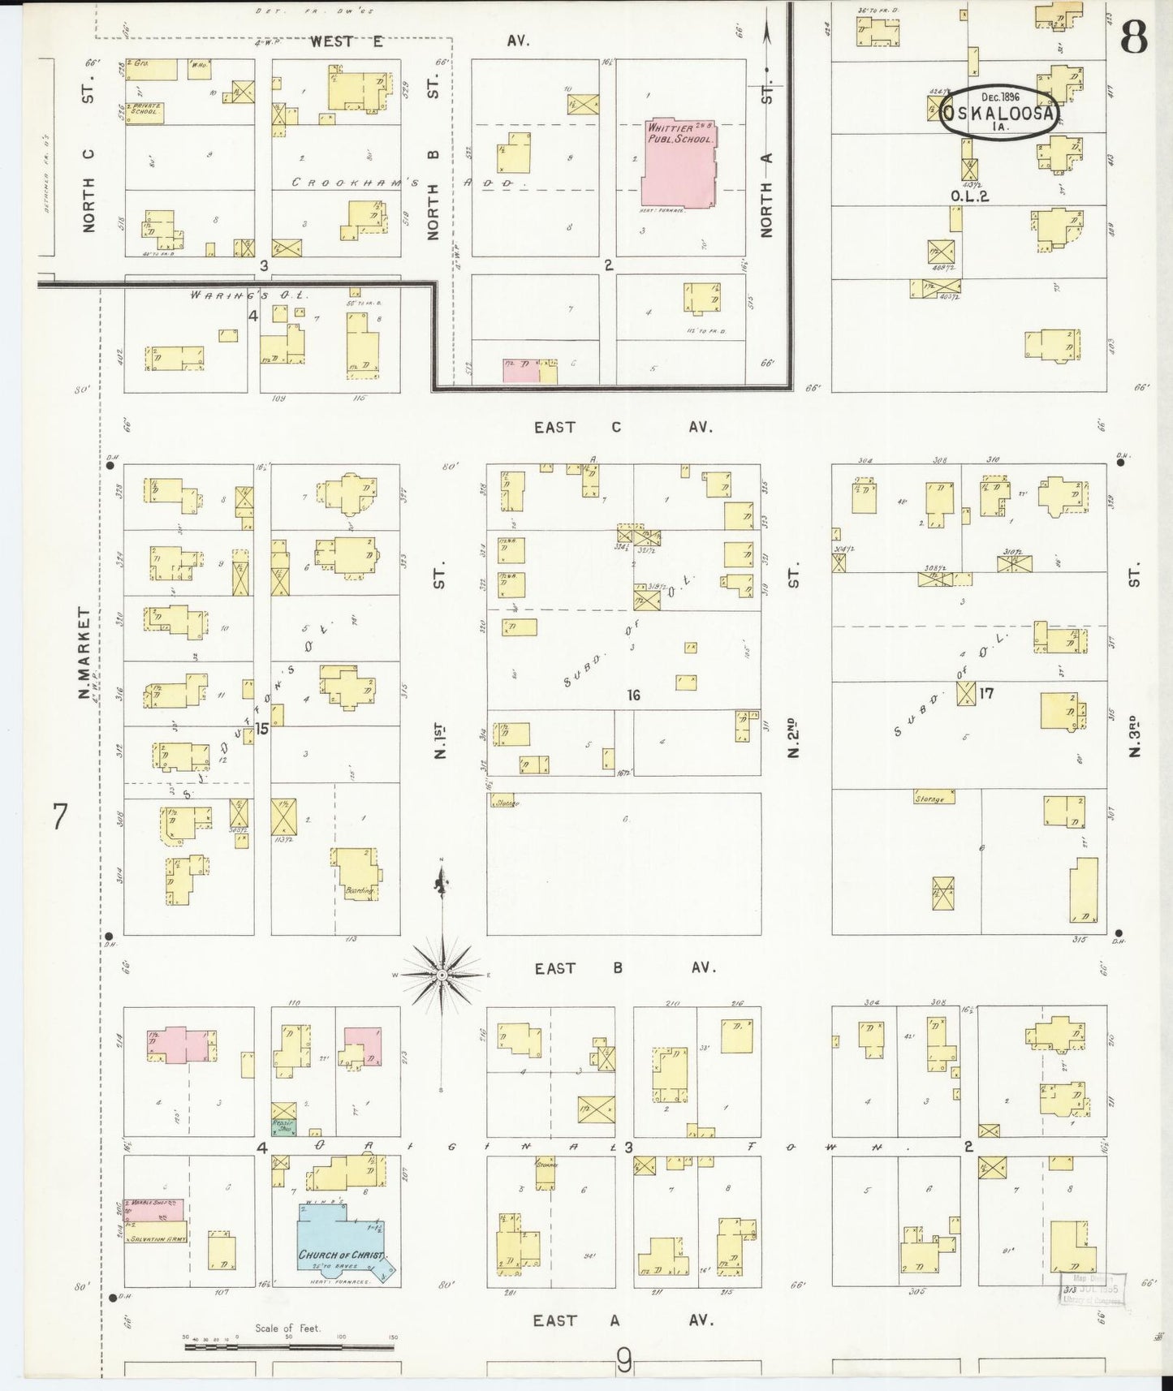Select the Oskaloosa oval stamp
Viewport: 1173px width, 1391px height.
tap(999, 114)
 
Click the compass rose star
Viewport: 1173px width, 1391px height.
tap(442, 974)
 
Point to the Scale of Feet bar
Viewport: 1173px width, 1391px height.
tap(289, 1347)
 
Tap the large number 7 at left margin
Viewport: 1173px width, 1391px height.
tap(58, 816)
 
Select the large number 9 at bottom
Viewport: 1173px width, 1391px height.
tap(623, 1360)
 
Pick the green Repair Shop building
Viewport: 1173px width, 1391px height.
tap(283, 1126)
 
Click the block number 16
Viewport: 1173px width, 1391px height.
tap(633, 695)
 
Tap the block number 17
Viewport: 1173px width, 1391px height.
tap(986, 693)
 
